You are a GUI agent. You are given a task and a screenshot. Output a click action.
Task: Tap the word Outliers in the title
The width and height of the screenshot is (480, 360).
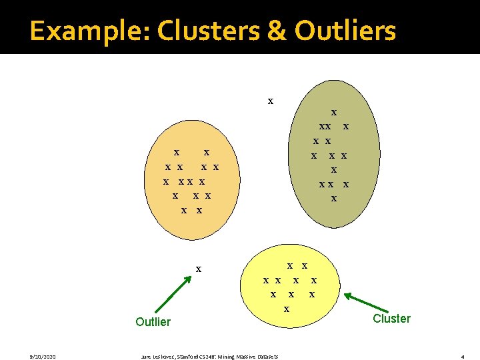point(345,31)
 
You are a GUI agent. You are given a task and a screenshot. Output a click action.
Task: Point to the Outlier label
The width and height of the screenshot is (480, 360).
point(153,322)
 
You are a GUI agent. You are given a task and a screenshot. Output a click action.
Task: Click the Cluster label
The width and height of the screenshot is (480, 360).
point(391,319)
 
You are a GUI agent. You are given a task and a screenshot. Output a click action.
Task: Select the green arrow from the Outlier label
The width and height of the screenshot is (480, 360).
point(172,295)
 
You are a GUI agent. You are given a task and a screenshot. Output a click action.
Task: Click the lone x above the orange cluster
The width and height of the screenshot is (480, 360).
point(270,101)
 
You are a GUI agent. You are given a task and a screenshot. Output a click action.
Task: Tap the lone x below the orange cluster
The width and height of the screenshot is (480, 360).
point(198,269)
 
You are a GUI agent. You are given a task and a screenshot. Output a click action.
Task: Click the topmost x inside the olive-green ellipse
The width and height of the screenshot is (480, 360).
point(334,113)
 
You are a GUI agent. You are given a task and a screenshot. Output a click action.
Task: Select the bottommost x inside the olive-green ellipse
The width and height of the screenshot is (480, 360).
point(334,198)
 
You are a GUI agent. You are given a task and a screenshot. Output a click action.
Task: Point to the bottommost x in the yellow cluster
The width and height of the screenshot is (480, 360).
point(287,309)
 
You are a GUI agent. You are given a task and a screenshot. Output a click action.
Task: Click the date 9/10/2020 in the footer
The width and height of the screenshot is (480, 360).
point(23,357)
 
